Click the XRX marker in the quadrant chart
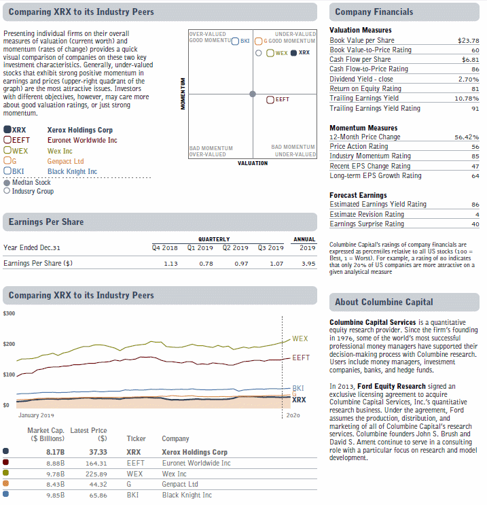[x=293, y=53]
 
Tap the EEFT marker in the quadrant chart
[x=270, y=100]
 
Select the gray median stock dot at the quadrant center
[x=253, y=94]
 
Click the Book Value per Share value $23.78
[x=469, y=41]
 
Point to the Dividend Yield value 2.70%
[x=469, y=80]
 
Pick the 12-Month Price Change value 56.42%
[x=467, y=137]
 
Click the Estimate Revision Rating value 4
[x=477, y=215]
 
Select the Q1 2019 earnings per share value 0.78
[x=206, y=264]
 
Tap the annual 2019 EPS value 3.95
[x=308, y=264]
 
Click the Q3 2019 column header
[x=271, y=247]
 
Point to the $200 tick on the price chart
[x=9, y=344]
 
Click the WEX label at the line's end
[x=300, y=338]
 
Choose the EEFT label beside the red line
[x=301, y=358]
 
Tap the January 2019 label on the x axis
[x=36, y=415]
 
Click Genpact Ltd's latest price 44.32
[x=98, y=485]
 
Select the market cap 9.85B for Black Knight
[x=56, y=495]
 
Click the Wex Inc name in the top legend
[x=60, y=151]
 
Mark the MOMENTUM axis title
[x=183, y=94]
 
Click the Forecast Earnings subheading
[x=358, y=195]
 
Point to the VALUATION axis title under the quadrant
[x=253, y=163]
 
